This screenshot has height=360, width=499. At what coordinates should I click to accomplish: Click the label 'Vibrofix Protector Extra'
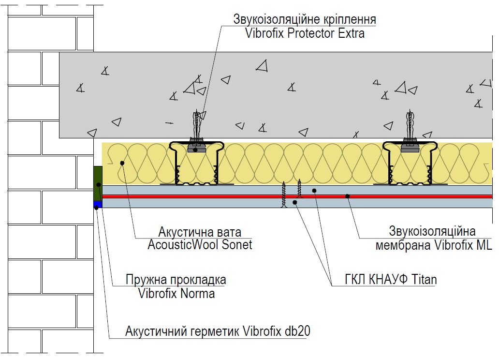[x=305, y=33]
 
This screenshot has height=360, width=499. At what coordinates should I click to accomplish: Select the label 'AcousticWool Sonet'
[x=200, y=245]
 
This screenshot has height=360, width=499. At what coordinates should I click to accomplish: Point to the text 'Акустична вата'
[x=200, y=232]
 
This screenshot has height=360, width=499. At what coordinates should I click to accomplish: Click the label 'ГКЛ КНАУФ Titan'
[x=391, y=279]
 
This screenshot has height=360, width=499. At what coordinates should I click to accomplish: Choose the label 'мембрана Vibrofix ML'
[x=434, y=245]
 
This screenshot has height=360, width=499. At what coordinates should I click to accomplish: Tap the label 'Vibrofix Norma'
[x=176, y=293]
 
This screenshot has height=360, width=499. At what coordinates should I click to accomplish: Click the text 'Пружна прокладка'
[x=176, y=280]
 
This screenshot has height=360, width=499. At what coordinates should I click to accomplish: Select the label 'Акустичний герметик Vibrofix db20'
[x=218, y=331]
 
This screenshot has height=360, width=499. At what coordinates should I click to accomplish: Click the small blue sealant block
[x=98, y=204]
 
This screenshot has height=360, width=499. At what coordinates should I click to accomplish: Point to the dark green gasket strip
[x=98, y=183]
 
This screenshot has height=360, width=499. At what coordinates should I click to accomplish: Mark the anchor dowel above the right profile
[x=410, y=124]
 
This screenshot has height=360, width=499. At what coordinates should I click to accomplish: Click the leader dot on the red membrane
[x=348, y=196]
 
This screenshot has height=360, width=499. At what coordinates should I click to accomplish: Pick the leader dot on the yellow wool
[x=122, y=163]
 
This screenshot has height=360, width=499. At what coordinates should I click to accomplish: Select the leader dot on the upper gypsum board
[x=314, y=191]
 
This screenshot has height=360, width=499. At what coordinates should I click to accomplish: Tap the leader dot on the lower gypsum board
[x=294, y=202]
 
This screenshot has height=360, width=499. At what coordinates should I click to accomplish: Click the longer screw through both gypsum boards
[x=284, y=195]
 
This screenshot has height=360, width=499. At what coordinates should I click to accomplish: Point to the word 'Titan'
[x=424, y=279]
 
